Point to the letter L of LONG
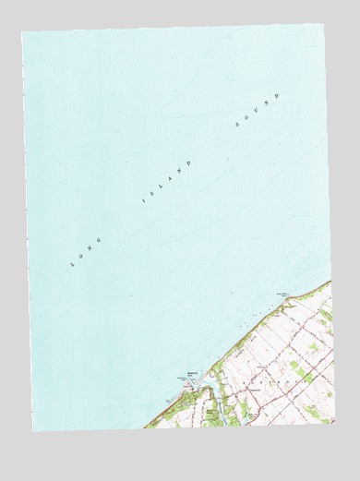pos(72,266)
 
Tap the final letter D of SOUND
pos(275,95)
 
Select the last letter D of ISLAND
pos(190,162)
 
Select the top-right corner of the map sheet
pos(323,25)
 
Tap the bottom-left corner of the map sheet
pos(32,431)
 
